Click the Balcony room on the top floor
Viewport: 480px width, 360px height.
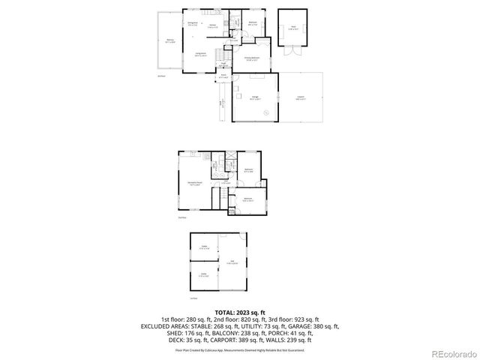click(x=170, y=41)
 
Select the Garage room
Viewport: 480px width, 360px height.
click(x=255, y=97)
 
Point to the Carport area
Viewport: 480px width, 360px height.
click(x=301, y=97)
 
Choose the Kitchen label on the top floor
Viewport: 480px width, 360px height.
click(x=213, y=26)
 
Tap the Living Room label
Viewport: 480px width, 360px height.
click(x=201, y=54)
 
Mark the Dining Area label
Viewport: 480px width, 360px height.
click(x=193, y=24)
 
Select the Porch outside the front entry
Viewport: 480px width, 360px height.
click(x=223, y=76)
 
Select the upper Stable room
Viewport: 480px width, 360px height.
click(x=203, y=247)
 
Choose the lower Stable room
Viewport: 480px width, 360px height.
click(x=203, y=274)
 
